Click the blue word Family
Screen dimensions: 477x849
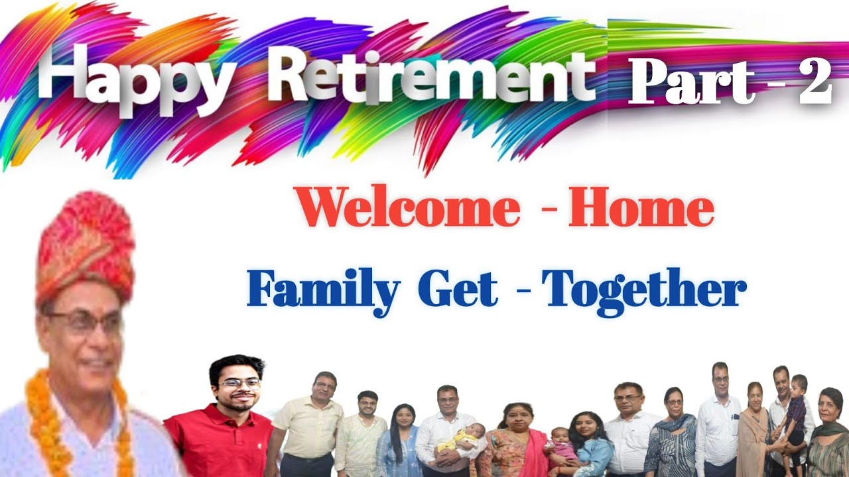(x=324, y=291)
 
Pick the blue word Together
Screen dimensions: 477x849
(x=643, y=291)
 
